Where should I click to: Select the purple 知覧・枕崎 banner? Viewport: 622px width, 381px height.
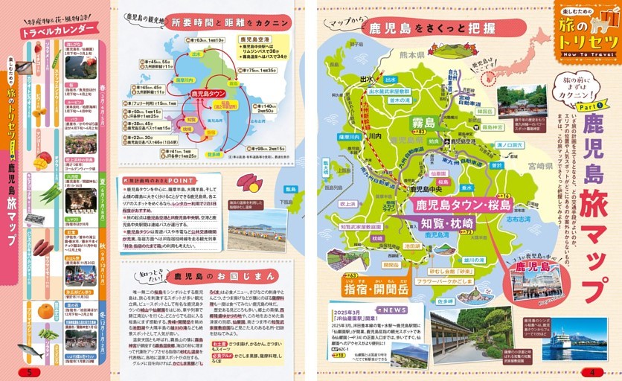pyautogui.click(x=448, y=223)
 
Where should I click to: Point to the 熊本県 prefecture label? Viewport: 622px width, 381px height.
pyautogui.click(x=410, y=55)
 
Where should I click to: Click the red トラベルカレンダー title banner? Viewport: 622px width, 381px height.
pyautogui.click(x=57, y=33)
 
